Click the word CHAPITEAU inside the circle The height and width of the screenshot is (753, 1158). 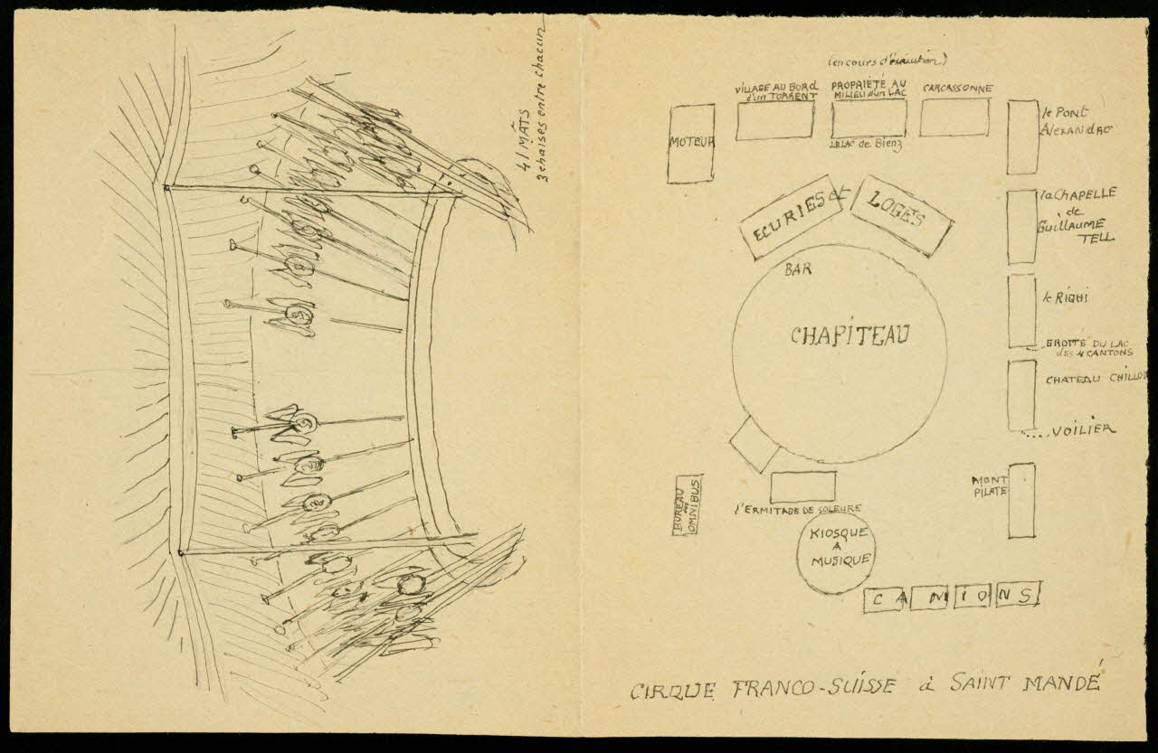[x=848, y=335]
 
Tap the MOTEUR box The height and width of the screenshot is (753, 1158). [x=691, y=143]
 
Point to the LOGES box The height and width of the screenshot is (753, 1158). [x=901, y=215]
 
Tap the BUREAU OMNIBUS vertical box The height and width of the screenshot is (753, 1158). [x=688, y=504]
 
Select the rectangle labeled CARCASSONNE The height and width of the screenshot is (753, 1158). [x=954, y=118]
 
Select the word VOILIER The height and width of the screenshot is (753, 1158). [x=1083, y=430]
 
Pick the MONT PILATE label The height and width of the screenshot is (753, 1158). [x=989, y=486]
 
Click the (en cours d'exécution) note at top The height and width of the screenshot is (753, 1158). [x=887, y=61]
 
